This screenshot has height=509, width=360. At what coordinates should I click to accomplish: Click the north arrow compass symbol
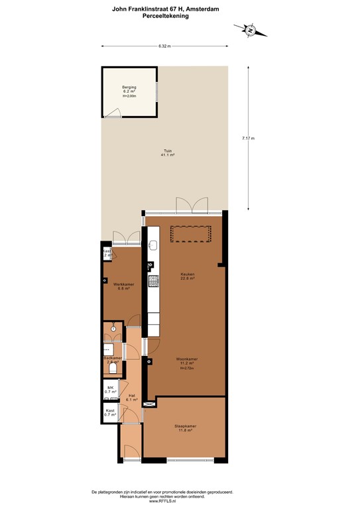[x=250, y=29]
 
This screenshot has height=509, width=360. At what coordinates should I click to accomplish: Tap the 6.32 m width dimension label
[x=164, y=46]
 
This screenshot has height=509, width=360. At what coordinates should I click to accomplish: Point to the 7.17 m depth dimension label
[x=249, y=138]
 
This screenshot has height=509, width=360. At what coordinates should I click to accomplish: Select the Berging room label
[x=129, y=89]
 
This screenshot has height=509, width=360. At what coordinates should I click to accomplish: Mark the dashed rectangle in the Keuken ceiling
[x=191, y=234]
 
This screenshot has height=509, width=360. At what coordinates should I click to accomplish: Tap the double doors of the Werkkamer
[x=126, y=238]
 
